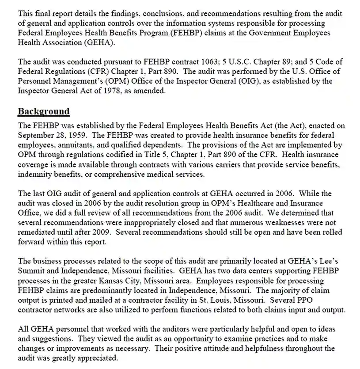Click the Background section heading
pyautogui.click(x=44, y=111)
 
